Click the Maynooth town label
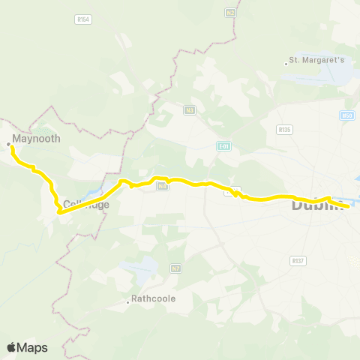coord(31,139)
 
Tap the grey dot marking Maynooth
coord(8,142)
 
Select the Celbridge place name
coord(86,204)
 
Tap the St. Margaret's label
coord(317,61)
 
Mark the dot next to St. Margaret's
coord(286,63)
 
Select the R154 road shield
coord(83,19)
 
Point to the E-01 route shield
coord(224,145)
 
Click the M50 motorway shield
coord(346,115)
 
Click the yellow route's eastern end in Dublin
coord(348,205)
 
